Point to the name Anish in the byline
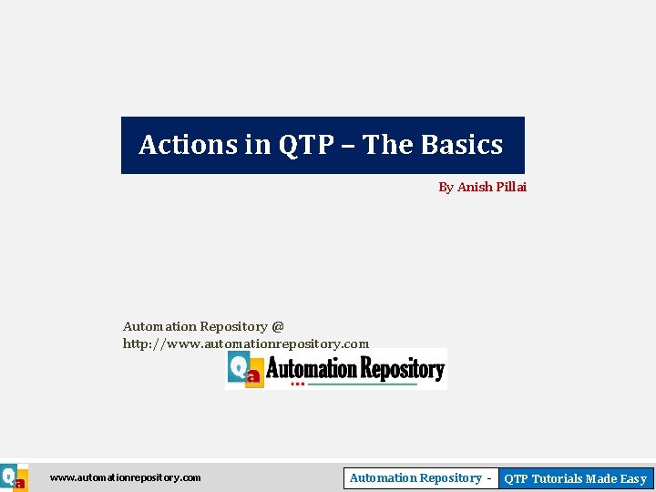click(x=474, y=187)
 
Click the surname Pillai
click(x=511, y=187)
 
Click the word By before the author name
click(x=446, y=187)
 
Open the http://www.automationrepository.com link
click(x=246, y=343)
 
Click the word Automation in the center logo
click(x=311, y=368)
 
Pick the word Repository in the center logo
click(x=402, y=368)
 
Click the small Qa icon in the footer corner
click(x=13, y=478)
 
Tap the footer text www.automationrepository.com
click(x=125, y=477)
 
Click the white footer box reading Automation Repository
click(x=420, y=478)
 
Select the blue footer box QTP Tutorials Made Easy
click(x=575, y=478)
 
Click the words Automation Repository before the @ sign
click(x=195, y=326)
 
